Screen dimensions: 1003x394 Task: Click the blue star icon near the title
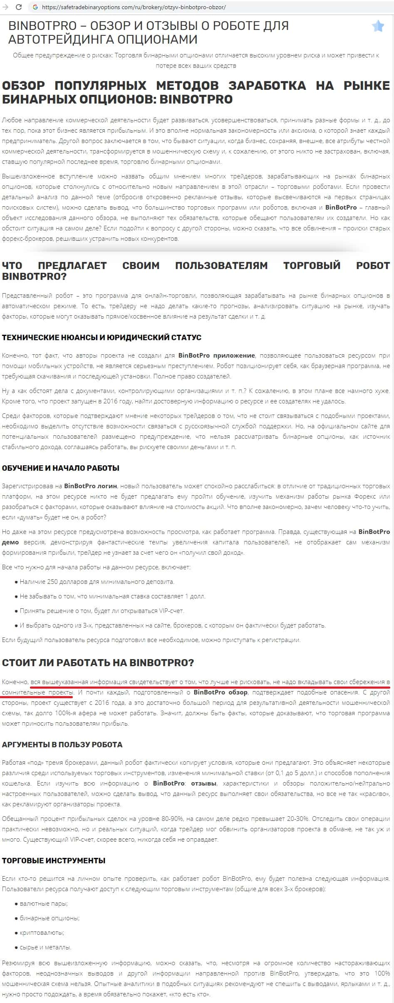(378, 26)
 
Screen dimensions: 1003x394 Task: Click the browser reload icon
(18, 7)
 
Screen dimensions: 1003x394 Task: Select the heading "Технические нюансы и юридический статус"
(102, 337)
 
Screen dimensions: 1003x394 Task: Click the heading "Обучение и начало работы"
(61, 468)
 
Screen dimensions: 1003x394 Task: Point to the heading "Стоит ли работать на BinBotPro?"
(98, 663)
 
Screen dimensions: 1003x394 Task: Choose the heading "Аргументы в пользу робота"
(62, 745)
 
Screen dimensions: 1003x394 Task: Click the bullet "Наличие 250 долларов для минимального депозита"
(97, 582)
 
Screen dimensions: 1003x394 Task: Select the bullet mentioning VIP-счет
(102, 611)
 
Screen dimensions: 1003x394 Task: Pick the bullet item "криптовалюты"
(42, 933)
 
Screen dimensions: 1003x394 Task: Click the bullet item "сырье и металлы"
(45, 947)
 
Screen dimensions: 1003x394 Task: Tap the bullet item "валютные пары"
(44, 904)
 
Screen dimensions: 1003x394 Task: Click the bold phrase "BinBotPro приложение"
(216, 356)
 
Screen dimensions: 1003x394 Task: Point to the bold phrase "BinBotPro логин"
(91, 486)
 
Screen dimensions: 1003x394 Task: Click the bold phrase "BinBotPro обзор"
(221, 692)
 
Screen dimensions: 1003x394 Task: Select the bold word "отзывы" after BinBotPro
(203, 783)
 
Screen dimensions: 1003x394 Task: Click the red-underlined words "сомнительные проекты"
(37, 692)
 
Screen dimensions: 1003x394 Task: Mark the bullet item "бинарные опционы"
(50, 918)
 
